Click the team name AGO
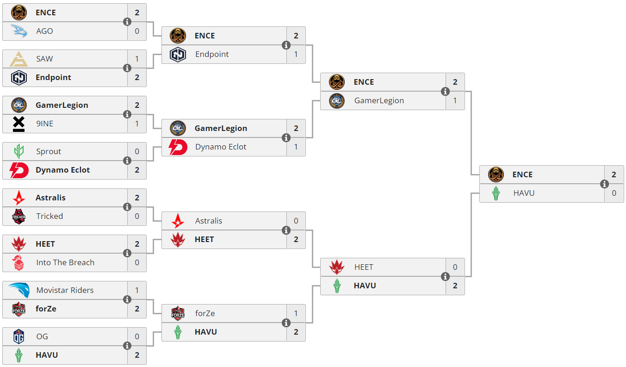coord(44,31)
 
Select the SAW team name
coord(44,59)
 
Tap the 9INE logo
coord(19,124)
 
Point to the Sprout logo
coord(19,151)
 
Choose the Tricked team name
coord(50,216)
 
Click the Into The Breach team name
coord(65,262)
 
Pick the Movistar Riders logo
coord(19,290)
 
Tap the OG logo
coord(19,336)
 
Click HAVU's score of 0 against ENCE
coord(614,193)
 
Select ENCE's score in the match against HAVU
coord(614,174)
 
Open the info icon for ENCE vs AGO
coord(127,22)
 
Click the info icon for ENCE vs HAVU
coord(604,184)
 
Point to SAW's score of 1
coord(137,59)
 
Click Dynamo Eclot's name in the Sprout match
coord(62,170)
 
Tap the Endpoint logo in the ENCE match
coord(178,54)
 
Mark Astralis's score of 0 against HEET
coord(296,221)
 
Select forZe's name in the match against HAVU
coord(205,313)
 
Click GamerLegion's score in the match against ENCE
coord(455,100)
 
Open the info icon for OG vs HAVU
coord(127,346)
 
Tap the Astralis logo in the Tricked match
coord(19,198)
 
